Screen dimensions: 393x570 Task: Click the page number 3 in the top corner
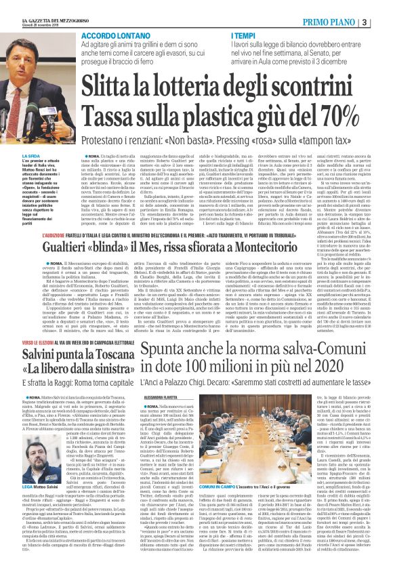point(384,6)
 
